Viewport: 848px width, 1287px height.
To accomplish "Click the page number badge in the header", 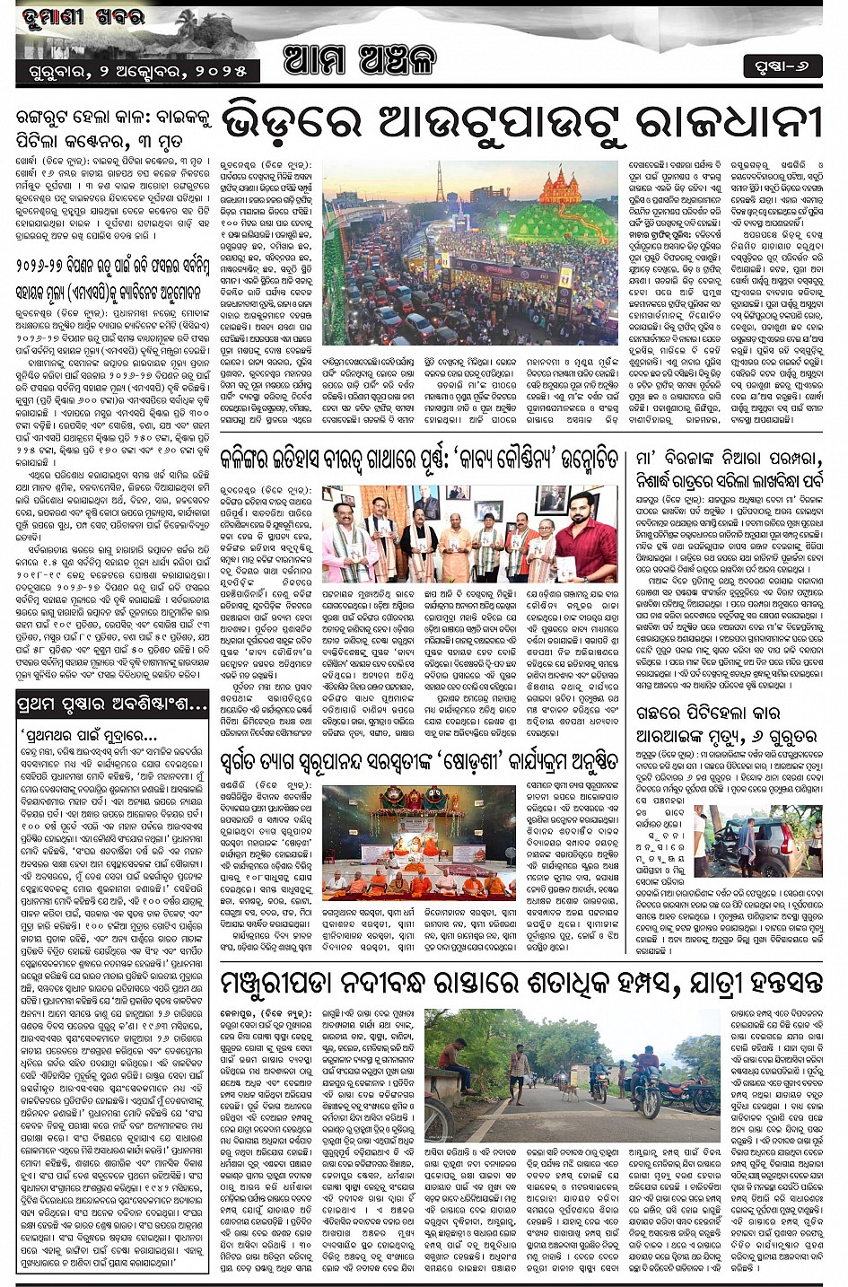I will tap(782, 67).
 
